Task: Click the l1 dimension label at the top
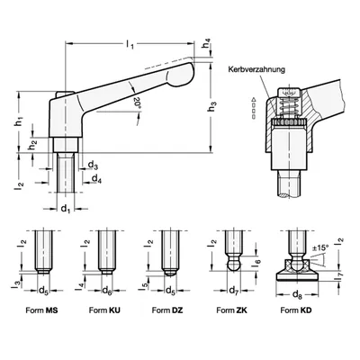(130, 45)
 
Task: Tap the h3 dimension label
(212, 107)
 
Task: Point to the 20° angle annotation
(137, 102)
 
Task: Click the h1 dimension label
(20, 121)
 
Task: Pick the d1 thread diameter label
(66, 209)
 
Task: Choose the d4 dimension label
(96, 178)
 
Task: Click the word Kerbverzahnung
(256, 69)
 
